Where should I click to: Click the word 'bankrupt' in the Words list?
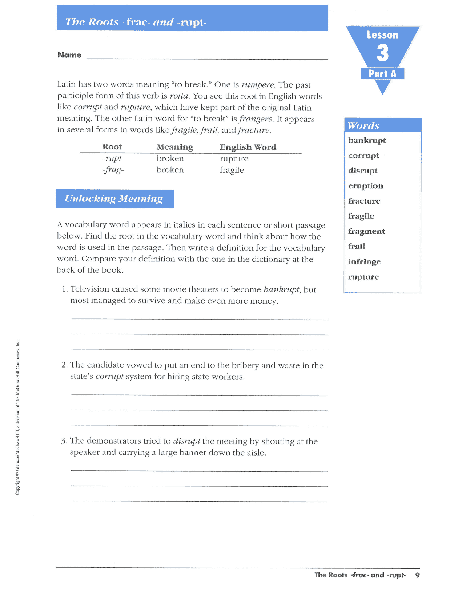coord(367,140)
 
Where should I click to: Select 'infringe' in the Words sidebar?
coord(364,262)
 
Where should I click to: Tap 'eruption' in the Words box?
coord(365,186)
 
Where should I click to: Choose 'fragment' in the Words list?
coord(366,231)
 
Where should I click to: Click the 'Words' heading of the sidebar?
coord(363,125)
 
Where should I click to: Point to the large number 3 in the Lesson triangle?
coord(382,53)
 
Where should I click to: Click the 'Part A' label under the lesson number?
coord(382,74)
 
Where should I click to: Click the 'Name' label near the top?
coord(69,55)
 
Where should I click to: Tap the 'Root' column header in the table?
coord(112,147)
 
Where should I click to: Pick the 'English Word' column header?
coord(248,147)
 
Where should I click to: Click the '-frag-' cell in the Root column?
coord(113,170)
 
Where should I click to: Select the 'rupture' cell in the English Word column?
coord(234,159)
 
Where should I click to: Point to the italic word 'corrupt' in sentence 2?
coord(109,377)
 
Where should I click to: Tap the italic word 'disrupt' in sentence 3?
coord(186,441)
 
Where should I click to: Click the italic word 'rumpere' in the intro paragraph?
coord(258,85)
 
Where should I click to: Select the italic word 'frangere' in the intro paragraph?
coord(256,119)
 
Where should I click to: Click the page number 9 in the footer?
coord(418,575)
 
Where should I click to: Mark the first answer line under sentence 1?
coord(200,319)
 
